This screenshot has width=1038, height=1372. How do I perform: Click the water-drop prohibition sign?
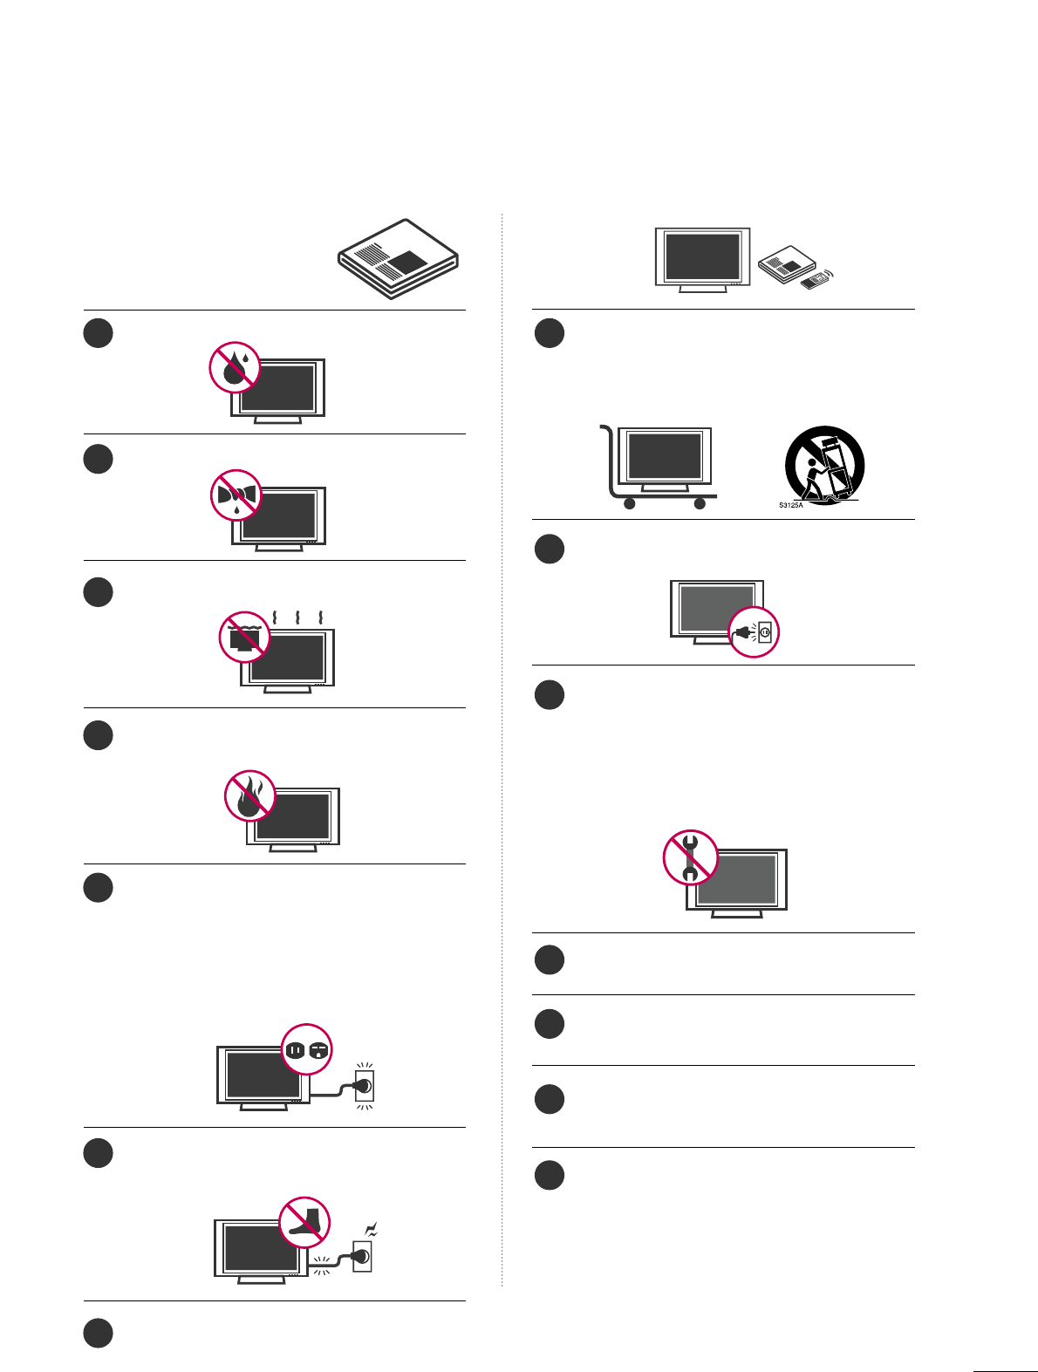235,367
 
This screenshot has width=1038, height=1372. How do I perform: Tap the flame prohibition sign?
250,796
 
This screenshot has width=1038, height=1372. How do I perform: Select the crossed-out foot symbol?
304,1221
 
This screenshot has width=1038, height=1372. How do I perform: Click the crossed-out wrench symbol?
690,857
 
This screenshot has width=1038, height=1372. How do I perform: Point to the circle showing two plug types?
307,1049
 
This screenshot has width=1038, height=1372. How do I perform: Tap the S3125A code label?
790,505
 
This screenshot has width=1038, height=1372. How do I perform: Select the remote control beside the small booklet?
816,281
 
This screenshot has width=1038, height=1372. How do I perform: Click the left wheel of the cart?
629,503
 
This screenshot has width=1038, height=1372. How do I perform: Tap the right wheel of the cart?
699,503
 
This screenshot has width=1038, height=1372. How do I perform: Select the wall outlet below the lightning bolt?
362,1257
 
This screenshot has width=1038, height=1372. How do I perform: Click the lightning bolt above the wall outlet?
371,1231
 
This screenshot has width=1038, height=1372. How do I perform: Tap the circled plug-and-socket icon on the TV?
753,631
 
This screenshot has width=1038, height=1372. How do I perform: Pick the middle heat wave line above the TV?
298,618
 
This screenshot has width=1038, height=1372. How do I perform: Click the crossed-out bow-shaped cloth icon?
236,495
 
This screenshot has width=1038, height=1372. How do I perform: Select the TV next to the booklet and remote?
702,258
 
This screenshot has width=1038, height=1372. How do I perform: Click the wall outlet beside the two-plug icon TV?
365,1086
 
